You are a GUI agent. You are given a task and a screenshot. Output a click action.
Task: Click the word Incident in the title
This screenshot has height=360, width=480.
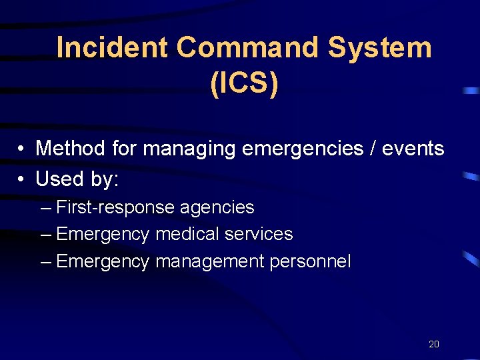tap(112, 48)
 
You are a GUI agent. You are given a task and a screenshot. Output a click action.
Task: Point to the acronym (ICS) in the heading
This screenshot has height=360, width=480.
tap(244, 85)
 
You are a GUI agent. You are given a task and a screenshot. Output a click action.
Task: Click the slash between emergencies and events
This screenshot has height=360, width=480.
tap(371, 148)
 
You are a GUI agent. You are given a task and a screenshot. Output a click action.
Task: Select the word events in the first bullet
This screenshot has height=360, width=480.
tap(413, 148)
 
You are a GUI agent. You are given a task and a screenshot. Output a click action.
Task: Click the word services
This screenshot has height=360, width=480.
tap(259, 234)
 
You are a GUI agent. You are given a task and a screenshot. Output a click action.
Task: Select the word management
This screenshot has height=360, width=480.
tap(210, 261)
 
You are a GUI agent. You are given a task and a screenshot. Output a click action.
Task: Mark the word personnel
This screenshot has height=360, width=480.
tap(310, 261)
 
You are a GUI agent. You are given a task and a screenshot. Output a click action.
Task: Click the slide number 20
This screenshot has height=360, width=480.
tap(433, 344)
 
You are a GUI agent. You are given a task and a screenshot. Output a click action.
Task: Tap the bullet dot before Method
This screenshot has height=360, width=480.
tap(22, 149)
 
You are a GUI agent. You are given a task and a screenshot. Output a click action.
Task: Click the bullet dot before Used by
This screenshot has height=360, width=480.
tap(22, 179)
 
